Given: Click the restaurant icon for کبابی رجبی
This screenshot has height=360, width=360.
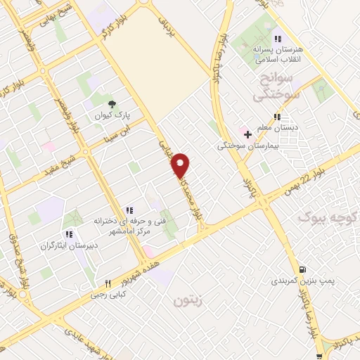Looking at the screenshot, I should [108, 284].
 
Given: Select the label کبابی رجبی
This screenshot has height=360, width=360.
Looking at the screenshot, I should [105, 295].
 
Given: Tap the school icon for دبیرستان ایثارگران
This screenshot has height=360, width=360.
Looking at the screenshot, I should [69, 234].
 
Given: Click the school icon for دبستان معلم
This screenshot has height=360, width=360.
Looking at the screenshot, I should [278, 117].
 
